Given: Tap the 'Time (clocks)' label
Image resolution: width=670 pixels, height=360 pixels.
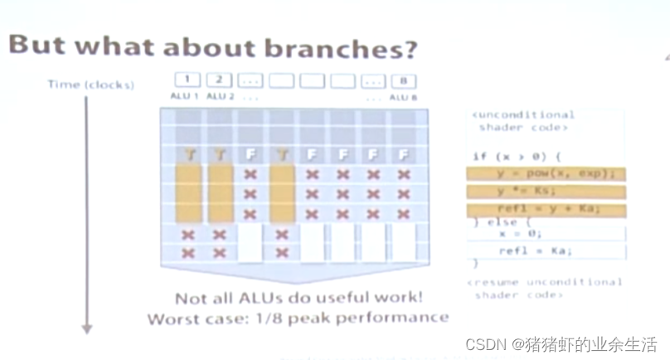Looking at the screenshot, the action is [x=90, y=85].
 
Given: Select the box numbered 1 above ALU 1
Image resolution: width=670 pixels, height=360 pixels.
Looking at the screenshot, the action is [x=188, y=81].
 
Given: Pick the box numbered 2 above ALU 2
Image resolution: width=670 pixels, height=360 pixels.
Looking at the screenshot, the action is [x=219, y=81].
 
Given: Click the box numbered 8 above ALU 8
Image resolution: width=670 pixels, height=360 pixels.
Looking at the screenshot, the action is [x=403, y=81].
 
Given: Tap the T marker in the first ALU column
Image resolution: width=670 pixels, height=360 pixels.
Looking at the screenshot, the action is [x=189, y=154].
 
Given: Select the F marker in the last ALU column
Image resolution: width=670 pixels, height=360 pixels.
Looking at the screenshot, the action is [x=404, y=154].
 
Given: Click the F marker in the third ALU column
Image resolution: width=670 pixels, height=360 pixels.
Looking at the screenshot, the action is [x=250, y=154].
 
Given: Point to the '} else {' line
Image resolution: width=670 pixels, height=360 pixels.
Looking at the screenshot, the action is [x=495, y=222].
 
